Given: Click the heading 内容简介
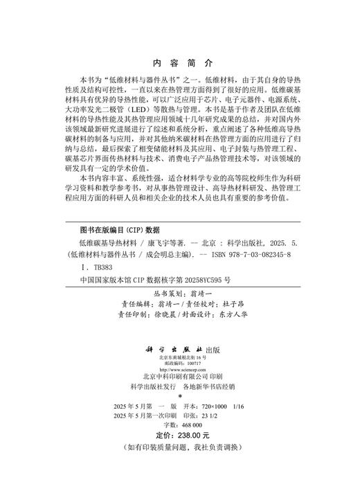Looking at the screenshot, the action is [x=179, y=61].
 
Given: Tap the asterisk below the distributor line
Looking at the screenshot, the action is [x=179, y=398].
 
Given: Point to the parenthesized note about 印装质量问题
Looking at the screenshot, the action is [x=179, y=448].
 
